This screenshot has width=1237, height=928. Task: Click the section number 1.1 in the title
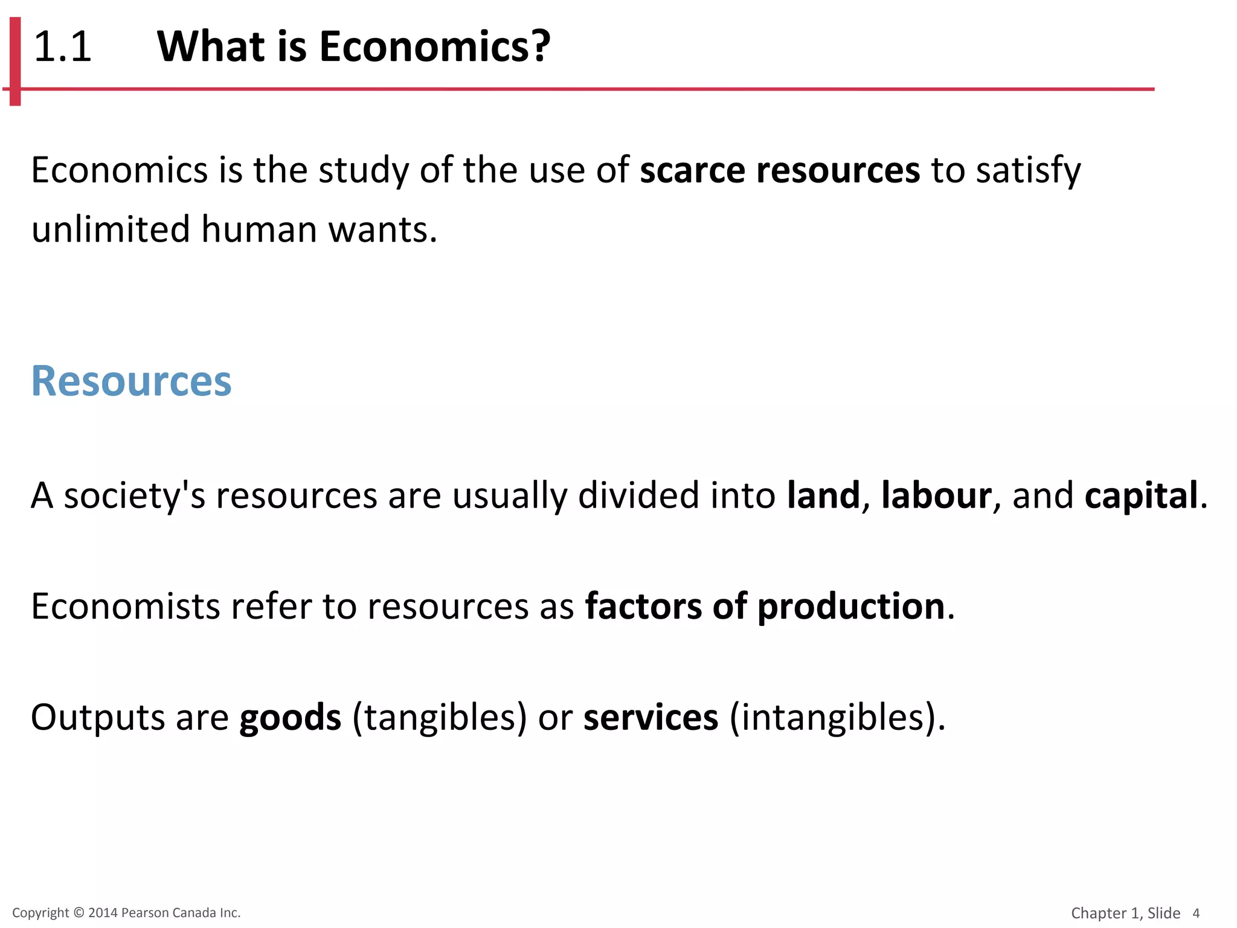(x=62, y=47)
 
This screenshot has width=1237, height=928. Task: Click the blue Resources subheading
(x=131, y=381)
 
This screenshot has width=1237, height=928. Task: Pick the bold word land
(x=823, y=495)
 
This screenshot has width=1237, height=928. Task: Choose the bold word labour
(x=936, y=495)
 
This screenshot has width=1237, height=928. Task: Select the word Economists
(x=125, y=606)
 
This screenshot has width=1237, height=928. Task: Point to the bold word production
(x=850, y=607)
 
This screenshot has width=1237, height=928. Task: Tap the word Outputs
(x=98, y=717)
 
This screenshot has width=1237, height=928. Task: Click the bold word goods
(x=291, y=718)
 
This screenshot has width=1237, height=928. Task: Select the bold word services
(x=651, y=717)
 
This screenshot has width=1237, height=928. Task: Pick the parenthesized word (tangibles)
(x=440, y=718)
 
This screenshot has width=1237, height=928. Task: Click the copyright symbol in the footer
(x=79, y=913)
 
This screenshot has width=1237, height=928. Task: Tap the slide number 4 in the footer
(x=1196, y=913)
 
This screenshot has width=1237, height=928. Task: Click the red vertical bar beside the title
(x=15, y=60)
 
